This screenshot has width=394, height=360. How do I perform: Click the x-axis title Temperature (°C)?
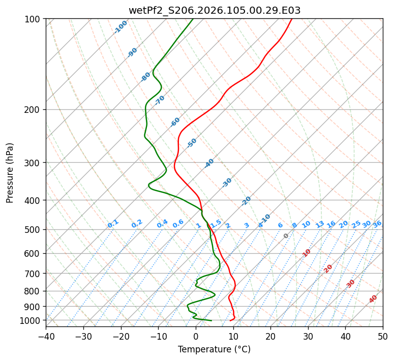(x=214, y=349)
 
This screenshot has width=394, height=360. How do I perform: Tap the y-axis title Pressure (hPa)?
(x=10, y=173)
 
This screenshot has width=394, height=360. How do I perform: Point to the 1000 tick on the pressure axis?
(x=33, y=320)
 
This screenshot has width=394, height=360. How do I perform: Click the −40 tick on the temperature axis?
(x=46, y=336)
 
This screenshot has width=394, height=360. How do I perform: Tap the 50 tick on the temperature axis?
(x=383, y=336)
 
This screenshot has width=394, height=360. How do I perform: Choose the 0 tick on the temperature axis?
(x=196, y=336)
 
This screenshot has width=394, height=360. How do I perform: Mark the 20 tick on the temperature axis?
(x=270, y=336)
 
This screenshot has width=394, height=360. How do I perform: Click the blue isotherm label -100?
(x=120, y=27)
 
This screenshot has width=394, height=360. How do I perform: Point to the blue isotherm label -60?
(x=175, y=122)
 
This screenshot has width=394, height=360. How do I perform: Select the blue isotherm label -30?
(x=227, y=183)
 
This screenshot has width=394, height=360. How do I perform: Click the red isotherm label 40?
(x=373, y=299)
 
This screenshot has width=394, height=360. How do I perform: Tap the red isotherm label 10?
(x=306, y=253)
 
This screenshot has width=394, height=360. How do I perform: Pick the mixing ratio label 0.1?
(x=113, y=224)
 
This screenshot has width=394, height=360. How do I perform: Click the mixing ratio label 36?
(x=377, y=224)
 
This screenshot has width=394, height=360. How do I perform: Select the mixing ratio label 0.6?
(x=178, y=224)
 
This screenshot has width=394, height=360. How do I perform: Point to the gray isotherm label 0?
(x=286, y=236)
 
